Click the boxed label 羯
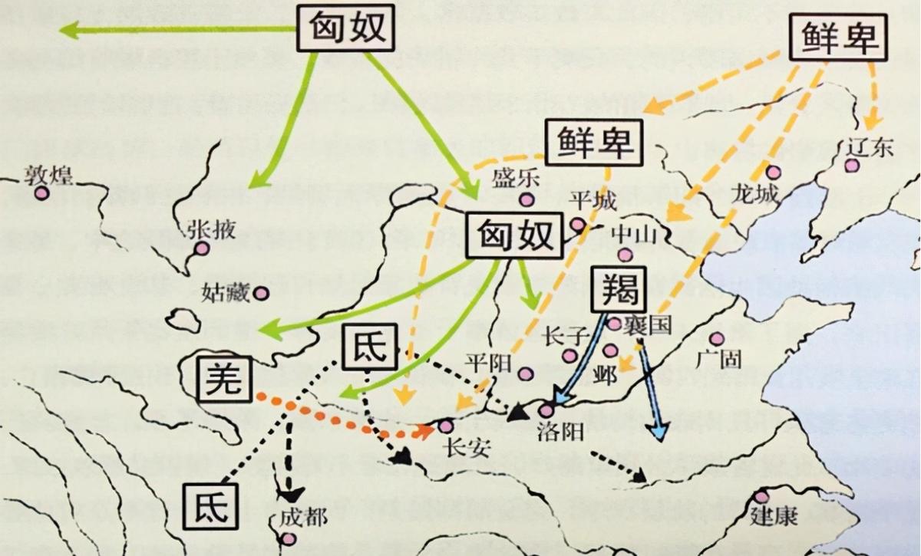click(x=620, y=288)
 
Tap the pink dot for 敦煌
click(x=41, y=192)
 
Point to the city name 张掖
click(x=211, y=229)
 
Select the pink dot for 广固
click(x=716, y=338)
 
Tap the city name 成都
click(x=302, y=517)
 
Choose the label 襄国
click(x=649, y=324)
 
